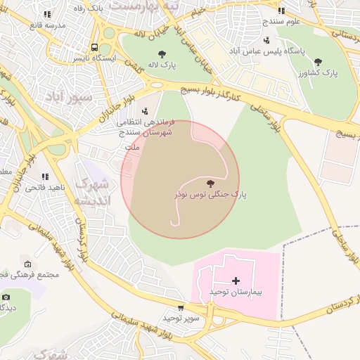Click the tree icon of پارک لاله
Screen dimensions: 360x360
tap(162, 53)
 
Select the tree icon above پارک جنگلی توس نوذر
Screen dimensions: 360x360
tap(210, 183)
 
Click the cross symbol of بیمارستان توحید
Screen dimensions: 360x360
tap(236, 281)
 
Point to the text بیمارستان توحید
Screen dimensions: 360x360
tap(236, 291)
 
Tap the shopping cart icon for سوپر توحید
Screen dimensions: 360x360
tap(181, 308)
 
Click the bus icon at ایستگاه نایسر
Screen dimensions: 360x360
tap(94, 49)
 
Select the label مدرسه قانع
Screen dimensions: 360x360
tap(47, 25)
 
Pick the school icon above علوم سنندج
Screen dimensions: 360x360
tap(281, 11)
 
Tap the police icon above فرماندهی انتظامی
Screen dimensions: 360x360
tap(145, 110)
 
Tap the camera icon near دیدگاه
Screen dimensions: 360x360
tap(6, 297)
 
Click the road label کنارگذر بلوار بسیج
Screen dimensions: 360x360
tap(211, 91)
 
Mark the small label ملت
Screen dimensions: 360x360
tap(131, 148)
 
